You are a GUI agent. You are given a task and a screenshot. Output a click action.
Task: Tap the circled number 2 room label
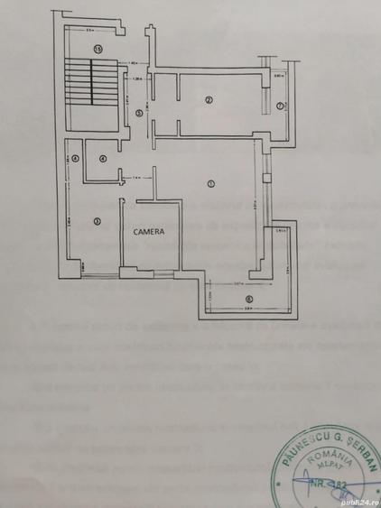[208, 99]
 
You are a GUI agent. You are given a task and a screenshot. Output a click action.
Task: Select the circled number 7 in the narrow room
[281, 106]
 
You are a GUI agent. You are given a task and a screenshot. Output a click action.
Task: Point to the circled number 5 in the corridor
[138, 113]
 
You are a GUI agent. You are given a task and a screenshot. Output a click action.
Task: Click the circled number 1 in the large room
[209, 184]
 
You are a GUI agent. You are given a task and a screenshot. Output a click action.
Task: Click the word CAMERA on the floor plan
[149, 230]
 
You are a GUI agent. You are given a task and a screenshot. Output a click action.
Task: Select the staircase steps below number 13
[92, 87]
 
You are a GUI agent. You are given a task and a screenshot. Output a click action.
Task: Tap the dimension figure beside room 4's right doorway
[135, 177]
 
